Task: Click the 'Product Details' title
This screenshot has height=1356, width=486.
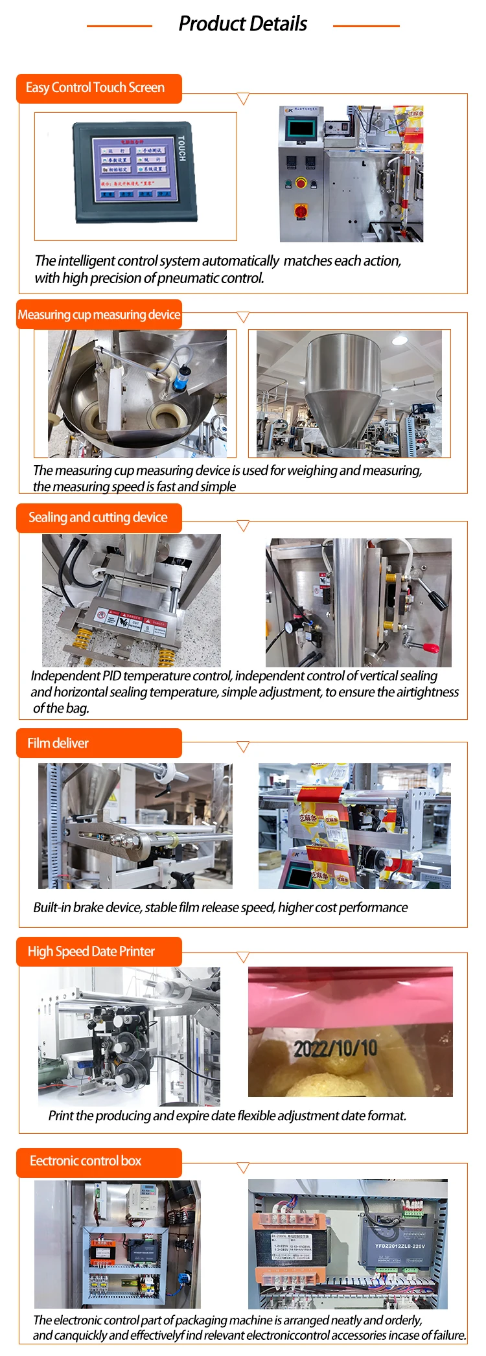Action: click(242, 24)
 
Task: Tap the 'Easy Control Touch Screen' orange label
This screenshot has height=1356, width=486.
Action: click(95, 87)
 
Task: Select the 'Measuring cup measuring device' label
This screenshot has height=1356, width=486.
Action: click(99, 315)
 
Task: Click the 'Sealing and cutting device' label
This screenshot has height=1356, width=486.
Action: click(98, 517)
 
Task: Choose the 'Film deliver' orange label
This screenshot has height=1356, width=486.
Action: click(58, 743)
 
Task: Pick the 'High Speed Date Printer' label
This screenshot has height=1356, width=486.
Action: click(91, 951)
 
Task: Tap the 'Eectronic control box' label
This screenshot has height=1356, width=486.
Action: click(86, 1160)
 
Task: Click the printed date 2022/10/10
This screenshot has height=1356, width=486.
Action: click(335, 1048)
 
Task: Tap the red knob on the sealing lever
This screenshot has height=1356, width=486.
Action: click(430, 647)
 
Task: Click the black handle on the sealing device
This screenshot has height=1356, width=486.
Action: click(436, 600)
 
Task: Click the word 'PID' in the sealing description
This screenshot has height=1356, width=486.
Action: click(112, 676)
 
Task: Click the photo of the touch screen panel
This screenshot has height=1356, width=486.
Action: click(135, 172)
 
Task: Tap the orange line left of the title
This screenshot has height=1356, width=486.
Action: click(119, 26)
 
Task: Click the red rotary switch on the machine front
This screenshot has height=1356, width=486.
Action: click(301, 211)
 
